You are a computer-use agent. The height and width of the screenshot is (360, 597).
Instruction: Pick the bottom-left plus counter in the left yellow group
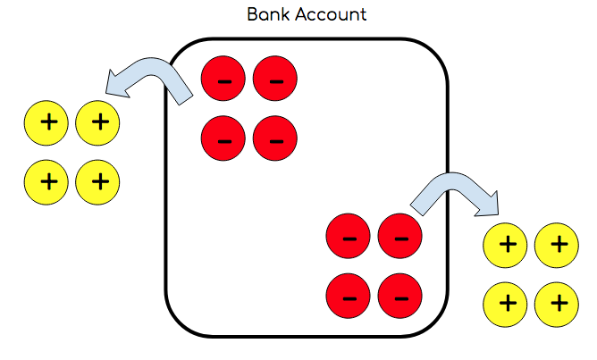point(47,181)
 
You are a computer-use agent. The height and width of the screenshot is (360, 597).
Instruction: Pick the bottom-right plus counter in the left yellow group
point(98,181)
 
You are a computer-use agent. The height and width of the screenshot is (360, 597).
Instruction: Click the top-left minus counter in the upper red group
point(224,80)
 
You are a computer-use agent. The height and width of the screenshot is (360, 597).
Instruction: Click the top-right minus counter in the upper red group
point(274,80)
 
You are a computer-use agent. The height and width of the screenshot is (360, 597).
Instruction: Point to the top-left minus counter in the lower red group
point(349,238)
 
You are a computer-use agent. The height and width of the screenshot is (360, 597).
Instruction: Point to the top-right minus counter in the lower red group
point(399,238)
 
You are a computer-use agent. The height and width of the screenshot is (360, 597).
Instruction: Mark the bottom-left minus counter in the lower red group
point(349,296)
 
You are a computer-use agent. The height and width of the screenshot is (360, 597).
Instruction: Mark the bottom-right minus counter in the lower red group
point(399,296)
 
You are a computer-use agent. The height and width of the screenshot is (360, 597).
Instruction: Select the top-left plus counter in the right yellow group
point(506,244)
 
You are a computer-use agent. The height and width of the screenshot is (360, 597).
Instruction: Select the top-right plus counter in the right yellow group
point(557,244)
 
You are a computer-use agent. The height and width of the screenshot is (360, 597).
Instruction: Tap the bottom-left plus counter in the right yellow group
point(506,302)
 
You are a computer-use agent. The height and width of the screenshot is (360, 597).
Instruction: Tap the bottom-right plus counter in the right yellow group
point(557,302)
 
